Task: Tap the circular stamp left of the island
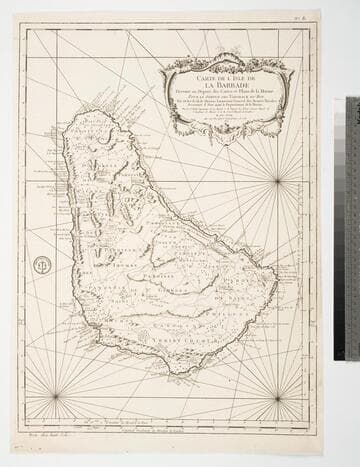click(42, 265)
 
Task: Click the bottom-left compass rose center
click(56, 396)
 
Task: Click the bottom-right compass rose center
click(277, 396)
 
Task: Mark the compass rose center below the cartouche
click(277, 180)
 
